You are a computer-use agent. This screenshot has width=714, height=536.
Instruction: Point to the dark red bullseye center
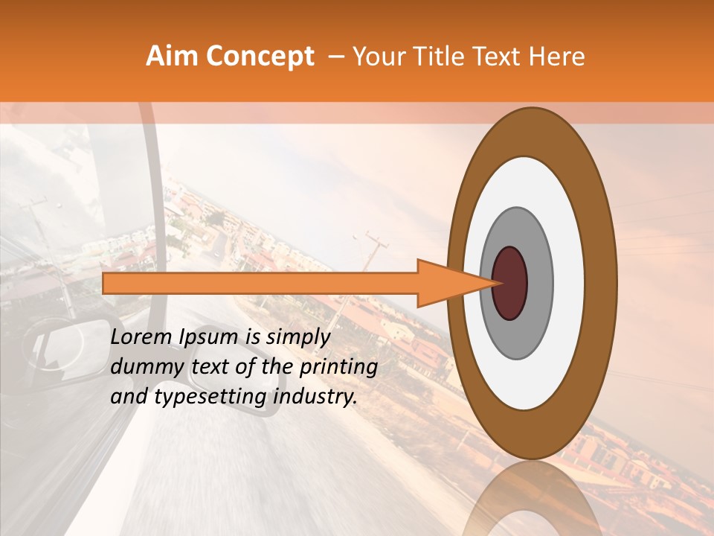(509, 283)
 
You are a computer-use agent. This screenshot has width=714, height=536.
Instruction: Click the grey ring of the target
(538, 283)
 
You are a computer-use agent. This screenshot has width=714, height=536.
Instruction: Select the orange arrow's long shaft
(260, 283)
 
